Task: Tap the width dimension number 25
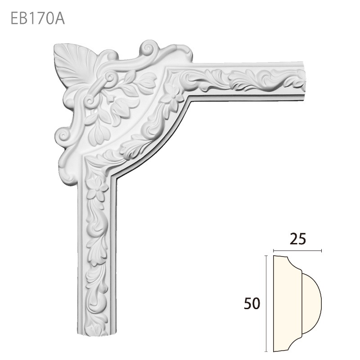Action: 299,238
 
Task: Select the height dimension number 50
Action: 252,304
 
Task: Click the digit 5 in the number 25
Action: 304,238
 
